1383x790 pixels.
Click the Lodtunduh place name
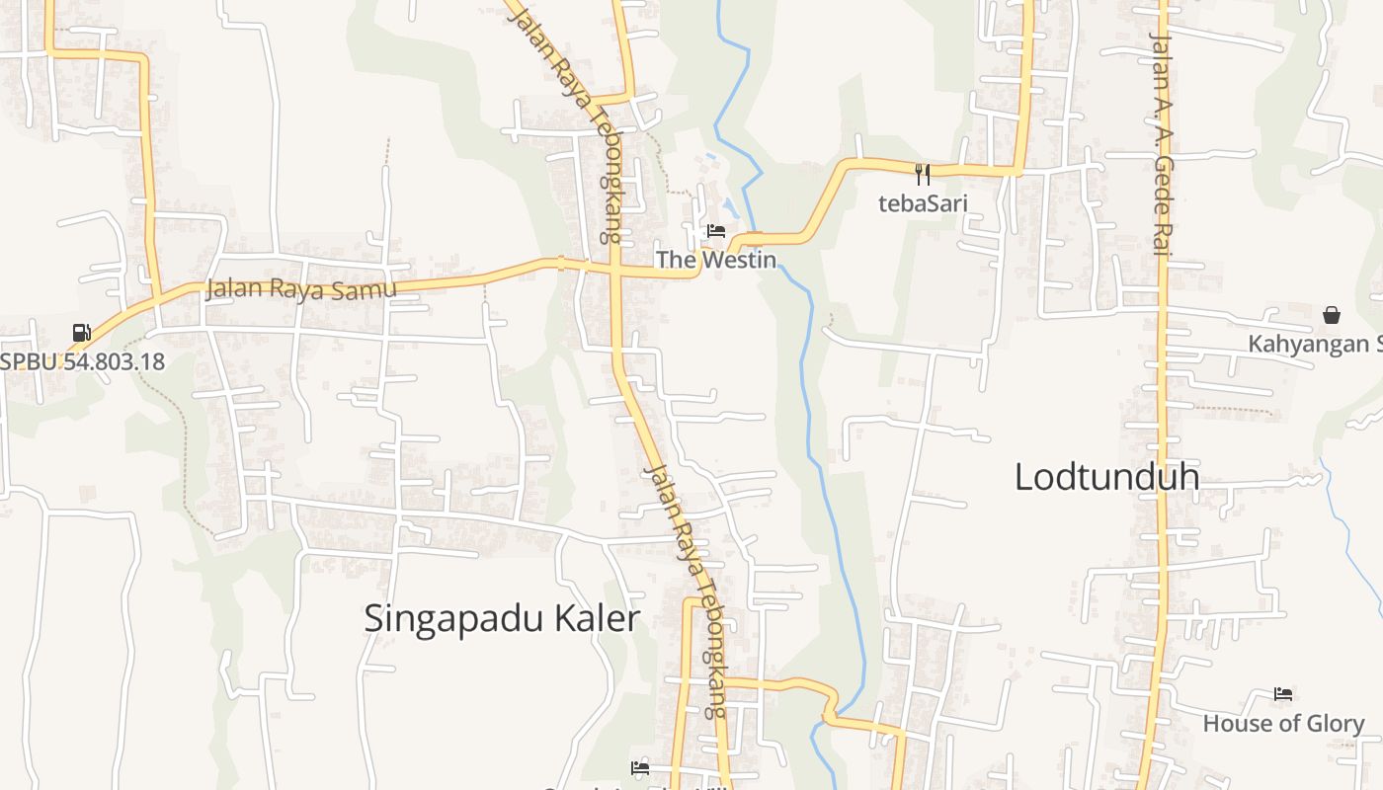click(x=1106, y=477)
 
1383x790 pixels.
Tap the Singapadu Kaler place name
click(x=502, y=619)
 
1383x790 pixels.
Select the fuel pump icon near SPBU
click(x=82, y=333)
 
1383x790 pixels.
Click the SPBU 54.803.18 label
click(x=83, y=361)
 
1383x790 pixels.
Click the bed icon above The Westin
click(x=716, y=231)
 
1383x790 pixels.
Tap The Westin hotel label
click(x=716, y=260)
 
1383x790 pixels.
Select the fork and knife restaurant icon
click(x=923, y=175)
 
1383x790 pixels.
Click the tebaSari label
click(x=923, y=203)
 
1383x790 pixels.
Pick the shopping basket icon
click(x=1332, y=315)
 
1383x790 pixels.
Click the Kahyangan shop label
click(x=1314, y=344)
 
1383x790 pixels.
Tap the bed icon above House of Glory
click(x=1283, y=694)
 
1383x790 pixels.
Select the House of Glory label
click(x=1283, y=724)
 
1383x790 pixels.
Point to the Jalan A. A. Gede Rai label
click(x=1161, y=143)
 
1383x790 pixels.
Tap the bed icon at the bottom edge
click(x=640, y=768)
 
